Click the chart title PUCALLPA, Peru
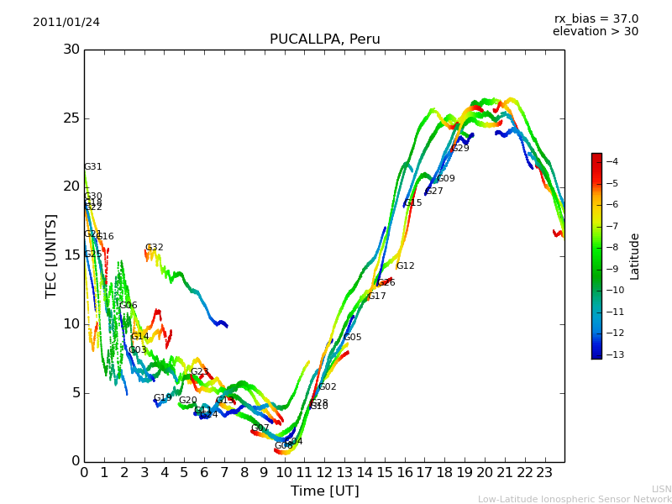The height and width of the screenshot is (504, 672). (324, 39)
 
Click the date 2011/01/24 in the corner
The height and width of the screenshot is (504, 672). (66, 22)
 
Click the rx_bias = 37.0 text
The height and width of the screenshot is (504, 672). (596, 18)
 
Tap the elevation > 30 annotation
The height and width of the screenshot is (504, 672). (595, 32)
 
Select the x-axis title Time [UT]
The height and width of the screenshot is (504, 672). (324, 491)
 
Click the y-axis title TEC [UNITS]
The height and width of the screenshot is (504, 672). (51, 255)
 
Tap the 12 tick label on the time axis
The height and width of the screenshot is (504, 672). (324, 473)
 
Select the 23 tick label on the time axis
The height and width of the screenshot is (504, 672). (544, 473)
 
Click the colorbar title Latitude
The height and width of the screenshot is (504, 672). (635, 256)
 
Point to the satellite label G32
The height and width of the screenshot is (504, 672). (155, 248)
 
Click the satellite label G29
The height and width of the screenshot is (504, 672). (460, 149)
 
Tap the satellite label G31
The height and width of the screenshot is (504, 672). (93, 167)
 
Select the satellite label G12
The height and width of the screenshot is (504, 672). (406, 266)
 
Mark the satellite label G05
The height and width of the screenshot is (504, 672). (353, 338)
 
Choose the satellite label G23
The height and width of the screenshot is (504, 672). (200, 372)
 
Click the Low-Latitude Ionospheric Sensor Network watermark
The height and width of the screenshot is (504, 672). (575, 499)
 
